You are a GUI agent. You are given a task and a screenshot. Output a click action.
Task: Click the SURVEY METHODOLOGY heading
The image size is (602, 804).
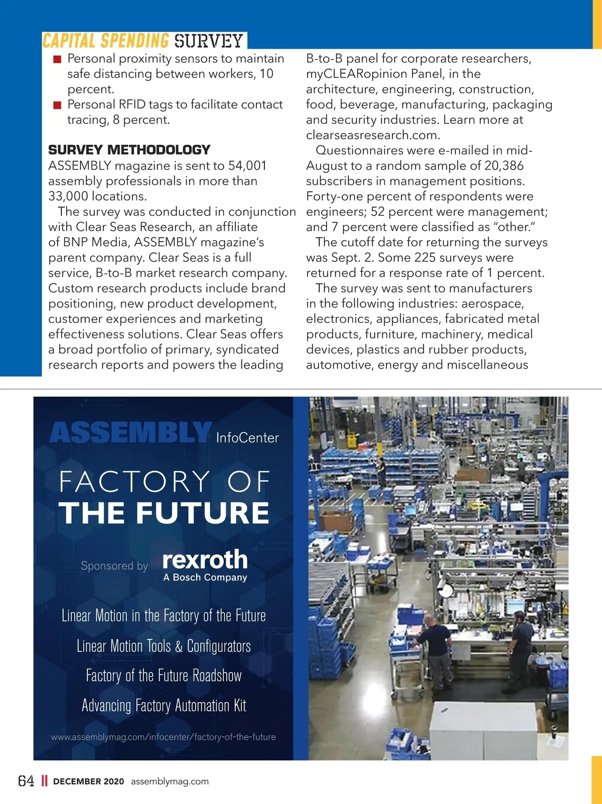click(x=129, y=150)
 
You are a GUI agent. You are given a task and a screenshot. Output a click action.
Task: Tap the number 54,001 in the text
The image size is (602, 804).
click(x=247, y=166)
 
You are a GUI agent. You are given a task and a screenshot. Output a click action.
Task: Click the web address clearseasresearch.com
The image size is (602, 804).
click(x=373, y=135)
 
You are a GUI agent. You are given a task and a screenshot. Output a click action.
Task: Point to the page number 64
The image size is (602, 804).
click(x=26, y=781)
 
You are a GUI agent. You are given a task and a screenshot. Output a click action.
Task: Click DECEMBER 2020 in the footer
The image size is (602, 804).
click(x=88, y=781)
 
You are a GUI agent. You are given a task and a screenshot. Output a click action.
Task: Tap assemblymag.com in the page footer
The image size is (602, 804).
click(x=170, y=781)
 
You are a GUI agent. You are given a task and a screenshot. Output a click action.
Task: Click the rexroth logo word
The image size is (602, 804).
click(x=205, y=559)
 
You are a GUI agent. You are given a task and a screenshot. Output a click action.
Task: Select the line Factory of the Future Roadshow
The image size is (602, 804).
click(x=164, y=676)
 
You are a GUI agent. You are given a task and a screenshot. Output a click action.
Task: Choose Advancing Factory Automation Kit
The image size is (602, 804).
click(x=164, y=706)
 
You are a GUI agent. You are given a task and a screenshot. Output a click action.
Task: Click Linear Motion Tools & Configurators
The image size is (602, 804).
click(x=164, y=646)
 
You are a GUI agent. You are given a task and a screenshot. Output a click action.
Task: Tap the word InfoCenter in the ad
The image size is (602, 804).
click(x=247, y=438)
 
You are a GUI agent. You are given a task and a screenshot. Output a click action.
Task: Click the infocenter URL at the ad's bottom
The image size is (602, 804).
click(x=164, y=737)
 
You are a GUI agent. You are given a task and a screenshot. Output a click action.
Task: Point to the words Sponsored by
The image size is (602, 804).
click(x=114, y=566)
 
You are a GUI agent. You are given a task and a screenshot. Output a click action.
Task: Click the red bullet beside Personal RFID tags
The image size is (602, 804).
click(x=57, y=105)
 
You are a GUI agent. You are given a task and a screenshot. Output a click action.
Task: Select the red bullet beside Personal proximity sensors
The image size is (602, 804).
click(x=57, y=59)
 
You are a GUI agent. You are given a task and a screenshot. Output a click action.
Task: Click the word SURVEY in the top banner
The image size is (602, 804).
click(x=209, y=41)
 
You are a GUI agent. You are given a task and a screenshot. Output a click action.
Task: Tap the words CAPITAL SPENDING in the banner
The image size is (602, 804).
click(x=106, y=41)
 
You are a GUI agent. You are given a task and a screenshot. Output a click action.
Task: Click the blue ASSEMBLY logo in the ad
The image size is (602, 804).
click(x=130, y=433)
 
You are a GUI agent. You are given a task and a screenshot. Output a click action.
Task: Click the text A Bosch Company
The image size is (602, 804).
click(x=205, y=577)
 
